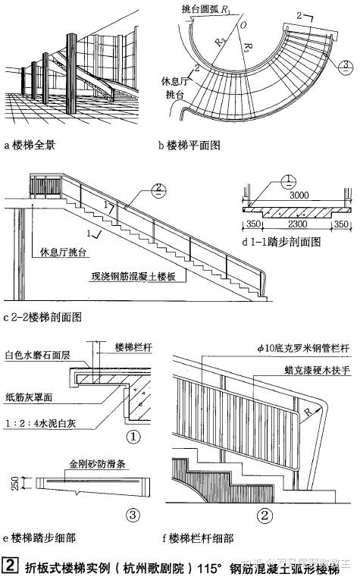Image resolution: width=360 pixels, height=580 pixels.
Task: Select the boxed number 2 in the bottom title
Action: tap(11, 564)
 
